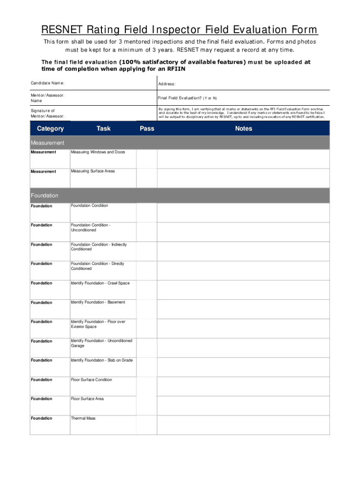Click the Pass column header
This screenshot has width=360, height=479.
point(147,129)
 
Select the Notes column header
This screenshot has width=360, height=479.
point(244,129)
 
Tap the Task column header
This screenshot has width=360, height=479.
point(103,129)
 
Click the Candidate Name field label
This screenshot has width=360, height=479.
point(48,83)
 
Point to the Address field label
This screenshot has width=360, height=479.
point(167,84)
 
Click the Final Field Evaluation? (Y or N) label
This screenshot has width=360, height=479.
point(187,98)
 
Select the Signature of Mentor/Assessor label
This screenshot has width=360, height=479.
point(48,113)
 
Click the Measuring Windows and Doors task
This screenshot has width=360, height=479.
point(98,152)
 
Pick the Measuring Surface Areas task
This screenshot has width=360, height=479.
point(93,171)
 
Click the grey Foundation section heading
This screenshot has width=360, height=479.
point(44,196)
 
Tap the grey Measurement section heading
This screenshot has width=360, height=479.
point(47,143)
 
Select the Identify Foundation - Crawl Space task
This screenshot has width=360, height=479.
point(100,283)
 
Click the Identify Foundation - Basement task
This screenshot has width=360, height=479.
point(98,302)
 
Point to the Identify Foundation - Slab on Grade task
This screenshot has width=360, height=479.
point(101,360)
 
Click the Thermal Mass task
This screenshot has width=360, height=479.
point(83,418)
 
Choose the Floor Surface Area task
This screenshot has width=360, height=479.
point(87,399)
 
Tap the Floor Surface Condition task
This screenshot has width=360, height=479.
point(91,380)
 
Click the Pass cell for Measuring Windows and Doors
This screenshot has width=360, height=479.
point(147,159)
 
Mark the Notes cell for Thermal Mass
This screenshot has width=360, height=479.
point(243,425)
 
